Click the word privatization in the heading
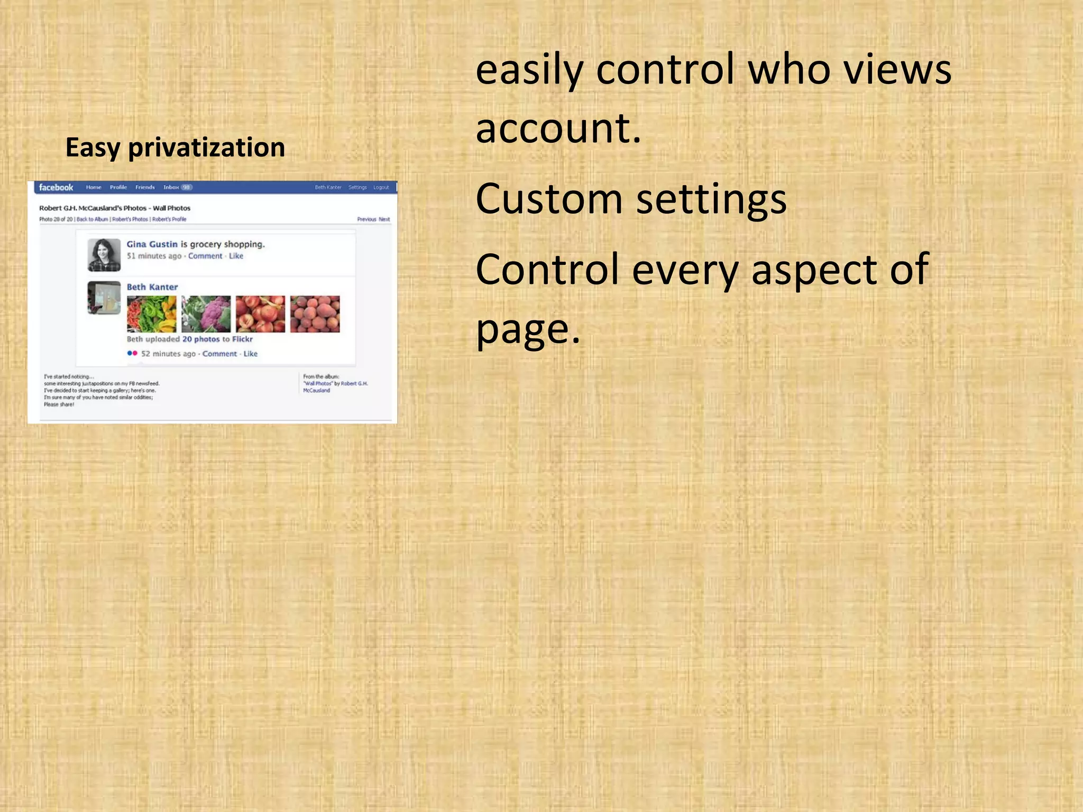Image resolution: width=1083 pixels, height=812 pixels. (x=206, y=147)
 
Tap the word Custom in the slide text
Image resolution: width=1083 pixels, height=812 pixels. (x=549, y=199)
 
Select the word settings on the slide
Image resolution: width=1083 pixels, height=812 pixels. (x=711, y=199)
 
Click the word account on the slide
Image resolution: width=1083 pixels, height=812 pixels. (x=557, y=128)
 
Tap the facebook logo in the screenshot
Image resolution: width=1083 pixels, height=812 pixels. (x=56, y=187)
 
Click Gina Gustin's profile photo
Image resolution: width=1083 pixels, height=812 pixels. (x=104, y=254)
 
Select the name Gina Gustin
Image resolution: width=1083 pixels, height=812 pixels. (x=152, y=244)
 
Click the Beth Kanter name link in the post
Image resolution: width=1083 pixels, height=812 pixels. (x=152, y=287)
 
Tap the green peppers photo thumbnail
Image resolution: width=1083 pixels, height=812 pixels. (x=151, y=313)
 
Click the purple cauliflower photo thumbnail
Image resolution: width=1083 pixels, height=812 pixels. (x=206, y=313)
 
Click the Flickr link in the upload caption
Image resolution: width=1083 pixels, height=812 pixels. (x=242, y=339)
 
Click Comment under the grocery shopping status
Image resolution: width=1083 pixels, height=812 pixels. (x=205, y=256)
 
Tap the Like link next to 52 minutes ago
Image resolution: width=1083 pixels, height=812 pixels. (x=250, y=354)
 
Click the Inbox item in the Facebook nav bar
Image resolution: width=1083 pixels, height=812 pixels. (x=171, y=187)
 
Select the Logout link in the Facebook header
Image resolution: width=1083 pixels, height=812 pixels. (x=381, y=187)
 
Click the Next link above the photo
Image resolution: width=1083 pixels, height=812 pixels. (x=384, y=219)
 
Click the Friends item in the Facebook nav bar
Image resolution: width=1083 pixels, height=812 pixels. (x=145, y=187)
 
